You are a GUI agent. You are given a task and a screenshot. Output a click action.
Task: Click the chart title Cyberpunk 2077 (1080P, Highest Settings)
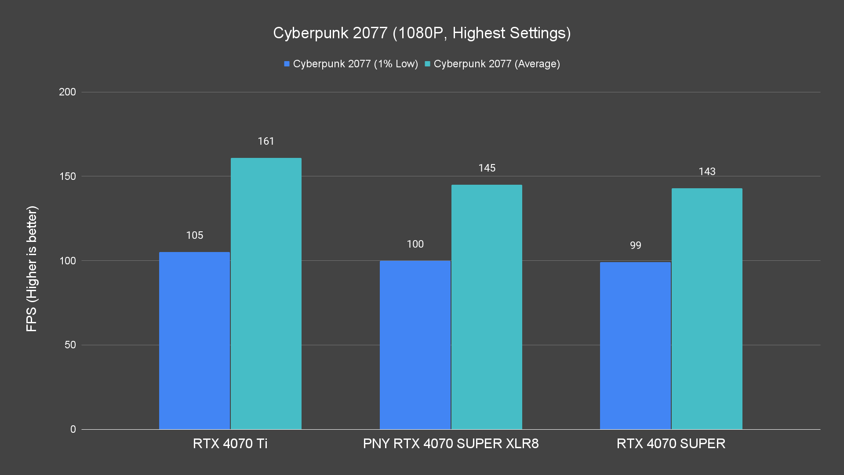pos(422,33)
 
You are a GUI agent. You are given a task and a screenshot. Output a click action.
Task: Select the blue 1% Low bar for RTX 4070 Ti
pos(194,341)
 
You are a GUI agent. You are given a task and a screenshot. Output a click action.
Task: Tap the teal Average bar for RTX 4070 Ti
pos(266,294)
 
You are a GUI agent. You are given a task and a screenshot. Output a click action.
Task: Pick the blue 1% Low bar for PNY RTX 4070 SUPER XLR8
pos(415,345)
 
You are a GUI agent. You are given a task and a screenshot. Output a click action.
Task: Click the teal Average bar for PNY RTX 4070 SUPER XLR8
pos(487,307)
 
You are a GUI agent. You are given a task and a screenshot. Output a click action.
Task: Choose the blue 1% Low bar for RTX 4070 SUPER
pos(635,346)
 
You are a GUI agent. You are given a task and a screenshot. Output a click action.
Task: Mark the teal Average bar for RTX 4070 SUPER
pos(707,309)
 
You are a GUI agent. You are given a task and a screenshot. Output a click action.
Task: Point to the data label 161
pos(266,141)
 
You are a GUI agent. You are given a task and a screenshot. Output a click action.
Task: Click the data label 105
pos(194,235)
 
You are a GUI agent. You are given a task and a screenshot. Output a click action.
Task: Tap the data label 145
pos(487,168)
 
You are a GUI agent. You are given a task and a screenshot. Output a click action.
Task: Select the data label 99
pos(635,245)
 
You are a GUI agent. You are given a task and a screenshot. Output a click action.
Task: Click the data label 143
pos(707,172)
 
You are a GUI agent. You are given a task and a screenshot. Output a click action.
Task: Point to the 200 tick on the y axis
pos(67,92)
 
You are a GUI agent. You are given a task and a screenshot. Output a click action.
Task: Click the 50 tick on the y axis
pos(70,345)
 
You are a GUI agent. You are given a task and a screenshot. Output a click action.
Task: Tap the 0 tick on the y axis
pos(73,429)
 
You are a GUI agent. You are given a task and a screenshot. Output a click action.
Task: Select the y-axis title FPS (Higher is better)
pos(32,268)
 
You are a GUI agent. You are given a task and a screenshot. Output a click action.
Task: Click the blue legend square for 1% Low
pos(287,64)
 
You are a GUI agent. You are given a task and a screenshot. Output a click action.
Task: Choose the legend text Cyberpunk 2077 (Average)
pos(497,64)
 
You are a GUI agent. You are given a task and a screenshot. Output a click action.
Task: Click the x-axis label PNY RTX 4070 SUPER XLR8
pos(451,443)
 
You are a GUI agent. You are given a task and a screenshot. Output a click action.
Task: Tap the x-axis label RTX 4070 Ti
pos(230,443)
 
